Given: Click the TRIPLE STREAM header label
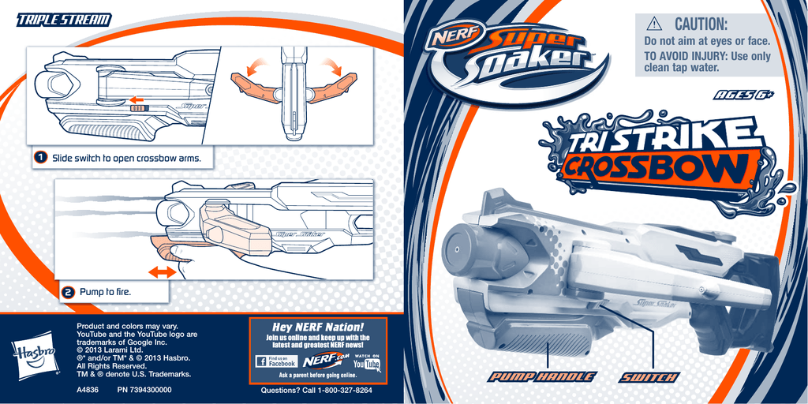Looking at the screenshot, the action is [x=64, y=20].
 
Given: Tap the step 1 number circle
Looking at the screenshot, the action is [x=41, y=158].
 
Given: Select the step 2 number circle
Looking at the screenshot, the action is [x=68, y=293].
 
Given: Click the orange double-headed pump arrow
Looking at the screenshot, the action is [x=162, y=272].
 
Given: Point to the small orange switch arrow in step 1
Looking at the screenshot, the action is [x=136, y=99].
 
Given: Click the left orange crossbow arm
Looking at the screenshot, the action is [x=255, y=85].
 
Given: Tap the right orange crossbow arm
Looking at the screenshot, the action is [x=332, y=85].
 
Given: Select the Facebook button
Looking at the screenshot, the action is [x=276, y=361].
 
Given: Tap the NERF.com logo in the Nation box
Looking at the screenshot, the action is [x=324, y=360].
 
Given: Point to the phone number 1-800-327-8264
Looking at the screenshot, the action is [x=345, y=390].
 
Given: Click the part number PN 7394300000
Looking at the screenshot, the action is [x=144, y=390].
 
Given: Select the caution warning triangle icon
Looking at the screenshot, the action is [x=654, y=23].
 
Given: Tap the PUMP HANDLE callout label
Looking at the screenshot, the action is [x=542, y=376].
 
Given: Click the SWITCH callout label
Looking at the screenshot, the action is [x=649, y=376].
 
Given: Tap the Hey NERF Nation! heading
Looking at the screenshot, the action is [x=318, y=327].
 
